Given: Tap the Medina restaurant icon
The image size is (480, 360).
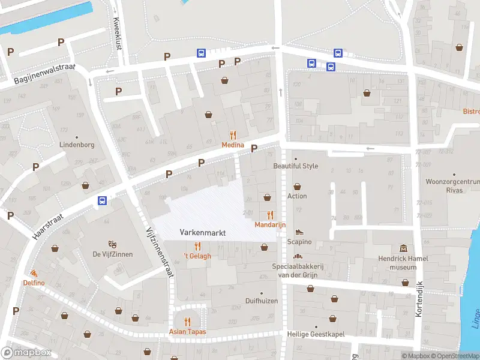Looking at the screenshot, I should click(233, 136).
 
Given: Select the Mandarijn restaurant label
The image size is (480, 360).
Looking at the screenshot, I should click(270, 224).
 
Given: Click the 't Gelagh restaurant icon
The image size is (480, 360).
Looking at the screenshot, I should click(197, 246).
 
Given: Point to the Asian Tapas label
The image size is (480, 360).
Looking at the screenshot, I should click(187, 332).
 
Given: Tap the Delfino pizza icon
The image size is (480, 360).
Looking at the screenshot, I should click(34, 273).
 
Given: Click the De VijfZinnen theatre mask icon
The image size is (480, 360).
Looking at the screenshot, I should click(112, 244).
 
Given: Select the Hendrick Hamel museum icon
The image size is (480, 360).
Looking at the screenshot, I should click(403, 248).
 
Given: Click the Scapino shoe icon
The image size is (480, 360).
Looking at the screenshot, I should click(299, 232).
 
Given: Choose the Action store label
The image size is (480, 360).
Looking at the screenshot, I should click(297, 196).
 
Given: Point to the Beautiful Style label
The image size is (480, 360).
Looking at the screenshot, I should click(295, 166).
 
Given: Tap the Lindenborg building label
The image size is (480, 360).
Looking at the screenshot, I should click(77, 145).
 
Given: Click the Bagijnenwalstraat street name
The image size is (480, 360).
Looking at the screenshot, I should click(45, 76).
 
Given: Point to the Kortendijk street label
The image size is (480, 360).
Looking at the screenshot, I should click(419, 299).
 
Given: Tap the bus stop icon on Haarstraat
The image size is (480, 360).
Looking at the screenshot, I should click(103, 201).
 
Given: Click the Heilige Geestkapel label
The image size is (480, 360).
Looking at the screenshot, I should click(316, 334).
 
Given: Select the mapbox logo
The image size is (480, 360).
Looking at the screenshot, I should click(26, 352).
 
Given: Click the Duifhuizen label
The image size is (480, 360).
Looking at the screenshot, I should click(262, 301).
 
